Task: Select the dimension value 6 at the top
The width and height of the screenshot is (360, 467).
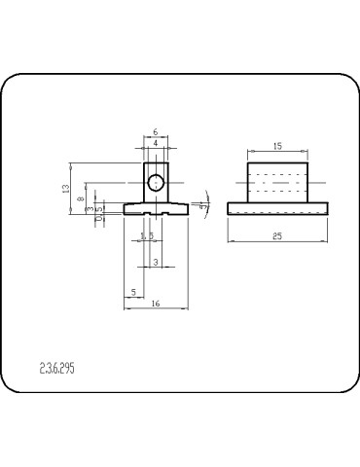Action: [x=156, y=132]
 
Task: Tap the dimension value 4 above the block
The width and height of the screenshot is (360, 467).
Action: [x=156, y=144]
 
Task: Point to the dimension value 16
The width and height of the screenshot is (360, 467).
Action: [x=156, y=304]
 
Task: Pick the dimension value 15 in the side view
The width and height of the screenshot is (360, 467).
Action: [x=277, y=146]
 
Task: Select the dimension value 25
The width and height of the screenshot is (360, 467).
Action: [x=277, y=236]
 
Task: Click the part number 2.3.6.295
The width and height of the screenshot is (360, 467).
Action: [x=60, y=370]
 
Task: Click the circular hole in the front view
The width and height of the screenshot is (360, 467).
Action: [x=156, y=181]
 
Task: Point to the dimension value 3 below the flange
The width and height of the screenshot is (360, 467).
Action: [x=157, y=263]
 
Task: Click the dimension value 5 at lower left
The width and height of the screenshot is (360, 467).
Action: [x=133, y=291]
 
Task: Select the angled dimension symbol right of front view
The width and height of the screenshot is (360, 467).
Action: [x=201, y=206]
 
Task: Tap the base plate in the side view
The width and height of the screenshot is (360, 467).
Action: [x=277, y=208]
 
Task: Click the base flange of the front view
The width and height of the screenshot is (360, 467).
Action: [x=156, y=207]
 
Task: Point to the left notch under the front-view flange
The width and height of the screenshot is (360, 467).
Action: [x=144, y=213]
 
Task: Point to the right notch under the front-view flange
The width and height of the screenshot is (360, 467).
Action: [x=169, y=213]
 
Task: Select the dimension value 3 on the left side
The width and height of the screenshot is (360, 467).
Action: [x=89, y=208]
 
